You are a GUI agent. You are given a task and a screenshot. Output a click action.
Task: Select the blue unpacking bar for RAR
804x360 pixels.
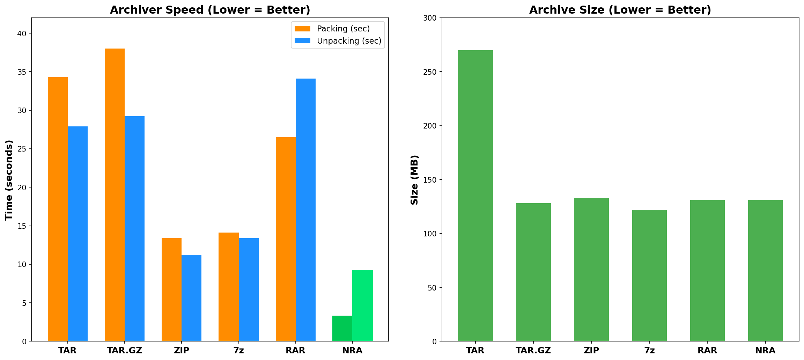point(305,210)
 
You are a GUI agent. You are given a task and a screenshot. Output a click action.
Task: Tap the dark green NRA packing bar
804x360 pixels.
point(342,328)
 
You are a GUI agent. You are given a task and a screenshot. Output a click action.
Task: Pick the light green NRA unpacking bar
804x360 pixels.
point(362,306)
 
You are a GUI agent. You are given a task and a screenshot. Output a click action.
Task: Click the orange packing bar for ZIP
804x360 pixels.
point(171,289)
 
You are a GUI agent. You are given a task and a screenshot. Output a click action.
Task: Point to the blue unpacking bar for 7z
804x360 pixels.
point(249,289)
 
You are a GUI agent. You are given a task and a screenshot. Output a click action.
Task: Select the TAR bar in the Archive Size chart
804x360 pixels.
point(475,196)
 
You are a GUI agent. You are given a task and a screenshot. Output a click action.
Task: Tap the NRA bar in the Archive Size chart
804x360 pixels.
point(765,271)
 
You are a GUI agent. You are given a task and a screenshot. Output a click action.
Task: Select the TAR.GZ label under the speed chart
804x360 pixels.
point(124,351)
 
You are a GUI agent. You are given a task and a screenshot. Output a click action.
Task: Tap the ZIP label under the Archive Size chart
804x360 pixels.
point(591,351)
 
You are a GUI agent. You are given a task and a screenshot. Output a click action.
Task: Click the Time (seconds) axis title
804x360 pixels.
point(9,180)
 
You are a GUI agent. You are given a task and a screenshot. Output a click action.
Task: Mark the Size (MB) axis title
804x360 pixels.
point(414,180)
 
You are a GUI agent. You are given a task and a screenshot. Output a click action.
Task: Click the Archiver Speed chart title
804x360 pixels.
point(210,10)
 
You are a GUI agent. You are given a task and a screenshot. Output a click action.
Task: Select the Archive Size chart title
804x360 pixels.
point(620,10)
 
